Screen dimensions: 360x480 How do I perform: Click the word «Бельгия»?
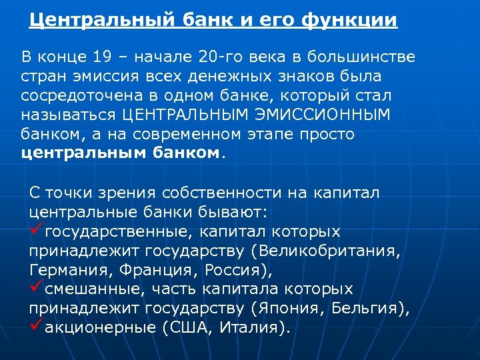click(x=369, y=309)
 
